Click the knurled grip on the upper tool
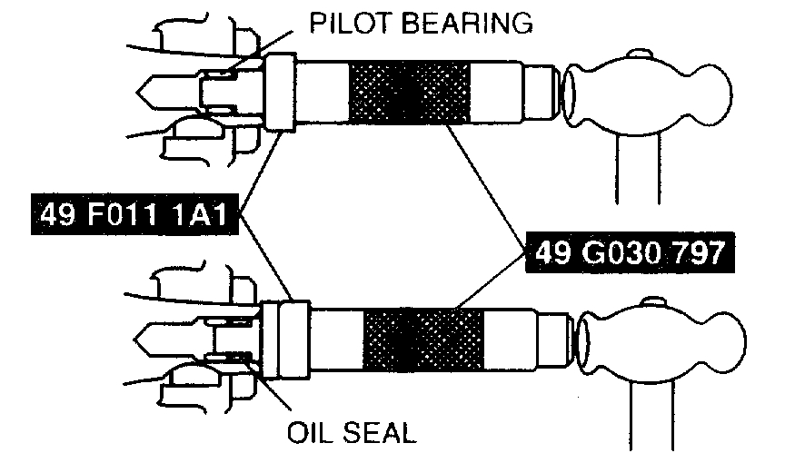(x=410, y=94)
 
